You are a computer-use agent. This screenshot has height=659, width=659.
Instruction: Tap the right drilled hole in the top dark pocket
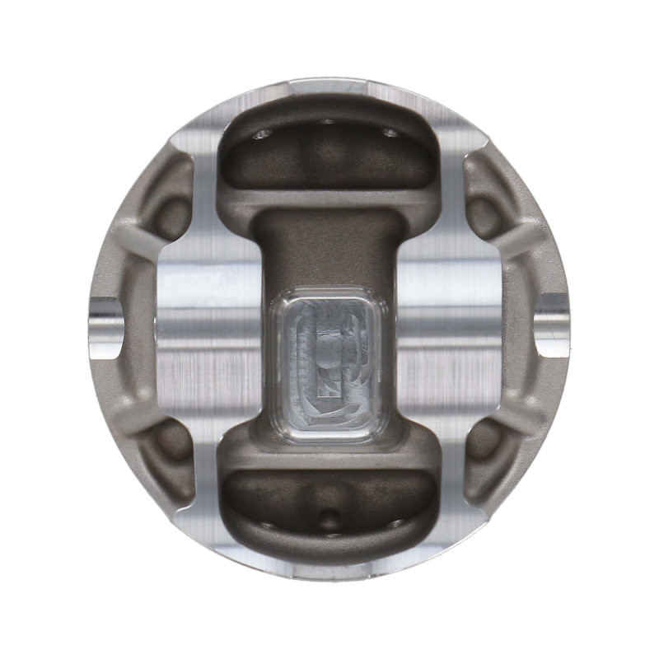(x=390, y=132)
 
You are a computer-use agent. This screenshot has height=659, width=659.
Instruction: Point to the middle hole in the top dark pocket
(x=327, y=121)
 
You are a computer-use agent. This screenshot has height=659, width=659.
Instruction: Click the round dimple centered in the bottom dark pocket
(x=329, y=518)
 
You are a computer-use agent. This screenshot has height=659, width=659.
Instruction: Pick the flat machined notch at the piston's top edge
(x=329, y=85)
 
